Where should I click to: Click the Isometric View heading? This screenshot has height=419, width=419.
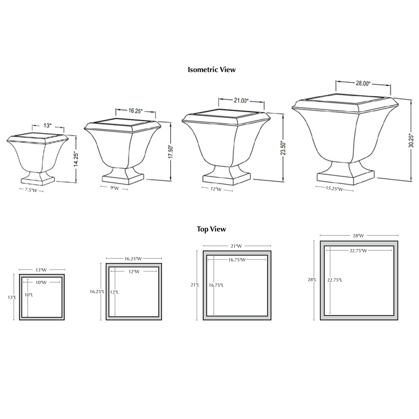[x=212, y=69]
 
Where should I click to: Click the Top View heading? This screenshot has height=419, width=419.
[x=211, y=229]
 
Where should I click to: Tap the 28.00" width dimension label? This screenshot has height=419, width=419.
[x=363, y=83]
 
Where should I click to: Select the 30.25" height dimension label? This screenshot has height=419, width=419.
[x=411, y=141]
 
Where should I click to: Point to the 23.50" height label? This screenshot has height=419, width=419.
[x=283, y=148]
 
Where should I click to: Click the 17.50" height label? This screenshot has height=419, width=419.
[x=170, y=152]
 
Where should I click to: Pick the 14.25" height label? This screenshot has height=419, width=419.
[x=76, y=159]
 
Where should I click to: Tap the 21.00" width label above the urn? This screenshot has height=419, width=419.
[x=241, y=101]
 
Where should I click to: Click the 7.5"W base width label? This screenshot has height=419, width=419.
[x=31, y=190]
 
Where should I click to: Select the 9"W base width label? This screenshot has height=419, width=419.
[x=115, y=188]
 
